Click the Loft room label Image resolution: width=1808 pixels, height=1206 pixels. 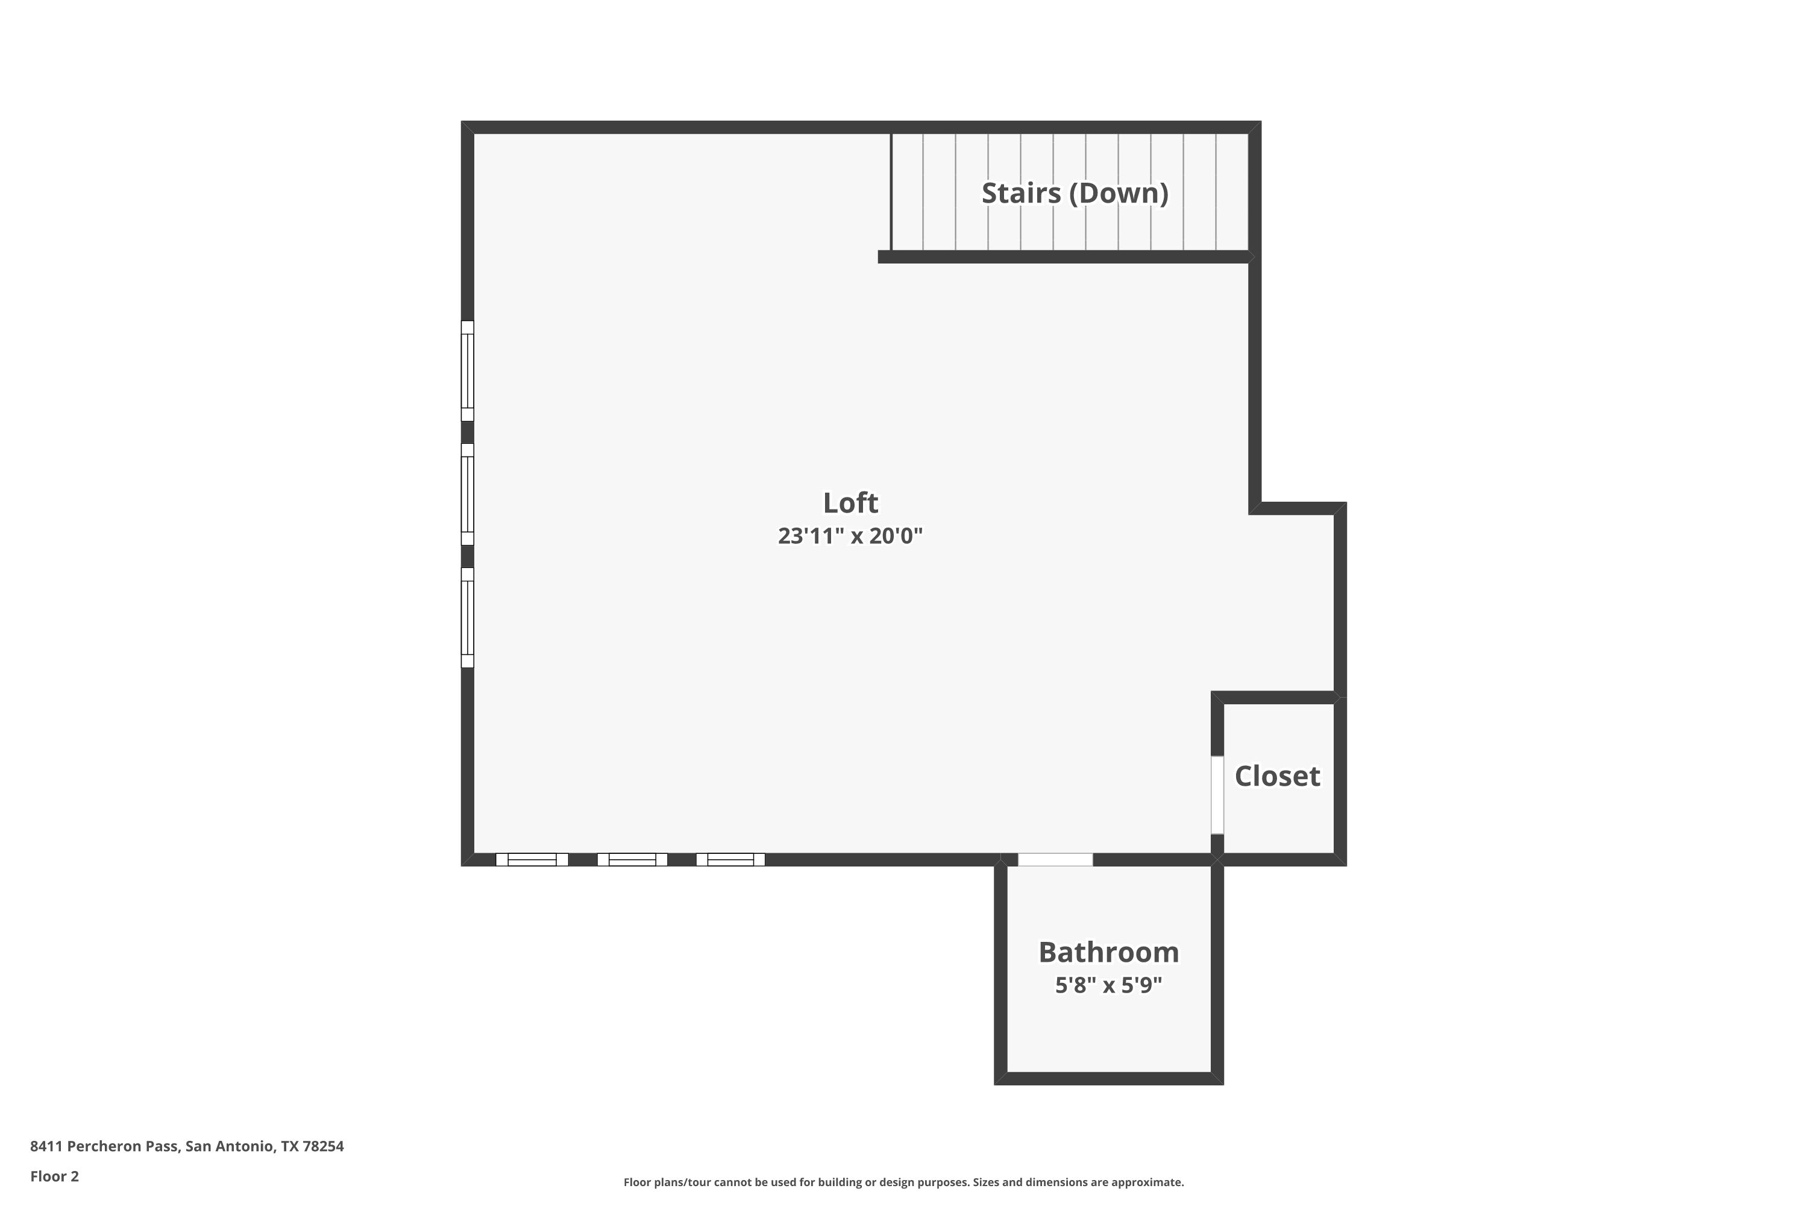(x=850, y=503)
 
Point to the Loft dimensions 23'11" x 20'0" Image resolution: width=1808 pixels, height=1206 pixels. (x=850, y=535)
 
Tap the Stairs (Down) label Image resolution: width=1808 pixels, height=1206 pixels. (x=1075, y=193)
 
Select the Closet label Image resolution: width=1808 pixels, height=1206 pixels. (x=1278, y=776)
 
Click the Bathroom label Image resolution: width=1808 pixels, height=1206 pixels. (x=1108, y=952)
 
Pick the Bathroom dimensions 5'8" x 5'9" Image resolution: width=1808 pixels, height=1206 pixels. (x=1108, y=985)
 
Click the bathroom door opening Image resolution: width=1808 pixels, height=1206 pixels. (x=1055, y=860)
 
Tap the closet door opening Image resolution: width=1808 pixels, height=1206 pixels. (x=1217, y=795)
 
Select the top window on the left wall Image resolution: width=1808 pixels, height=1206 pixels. (x=468, y=371)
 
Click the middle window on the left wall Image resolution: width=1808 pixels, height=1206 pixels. (x=468, y=494)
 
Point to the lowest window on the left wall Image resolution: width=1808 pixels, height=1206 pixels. (x=468, y=617)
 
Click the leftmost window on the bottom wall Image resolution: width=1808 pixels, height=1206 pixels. (x=532, y=860)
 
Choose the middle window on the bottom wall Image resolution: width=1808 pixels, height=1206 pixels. (x=632, y=860)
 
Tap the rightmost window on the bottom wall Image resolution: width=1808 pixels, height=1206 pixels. (x=730, y=860)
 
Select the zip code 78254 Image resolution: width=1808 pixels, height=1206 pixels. (x=323, y=1146)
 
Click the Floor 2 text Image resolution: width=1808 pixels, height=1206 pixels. (x=55, y=1176)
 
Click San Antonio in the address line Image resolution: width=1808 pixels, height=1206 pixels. (x=229, y=1146)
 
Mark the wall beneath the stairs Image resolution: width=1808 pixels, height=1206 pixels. (x=1065, y=257)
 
